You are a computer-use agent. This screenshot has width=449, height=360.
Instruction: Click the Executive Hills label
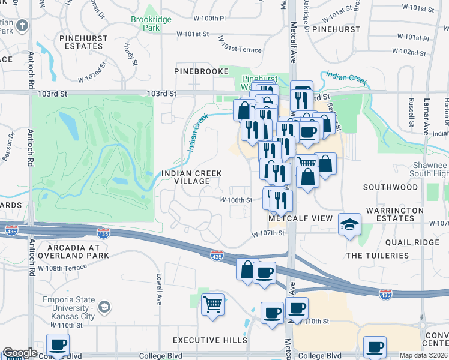209,340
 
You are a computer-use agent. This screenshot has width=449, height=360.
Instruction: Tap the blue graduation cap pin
349,224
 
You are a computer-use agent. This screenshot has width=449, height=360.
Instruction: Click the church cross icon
22,26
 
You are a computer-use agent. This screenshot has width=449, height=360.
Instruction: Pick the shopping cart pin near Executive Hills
212,304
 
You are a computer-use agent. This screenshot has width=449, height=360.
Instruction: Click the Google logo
19,353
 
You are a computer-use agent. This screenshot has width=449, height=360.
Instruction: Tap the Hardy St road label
128,46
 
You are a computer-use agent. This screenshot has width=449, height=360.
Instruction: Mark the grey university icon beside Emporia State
104,308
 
